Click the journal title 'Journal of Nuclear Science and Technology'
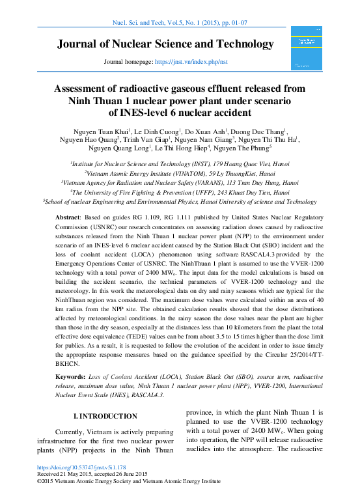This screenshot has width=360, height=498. coord(165,44)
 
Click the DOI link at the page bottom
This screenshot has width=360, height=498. coord(81,467)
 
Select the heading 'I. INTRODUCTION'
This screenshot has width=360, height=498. coord(105,416)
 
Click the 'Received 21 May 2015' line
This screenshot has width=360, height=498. coord(92,475)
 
